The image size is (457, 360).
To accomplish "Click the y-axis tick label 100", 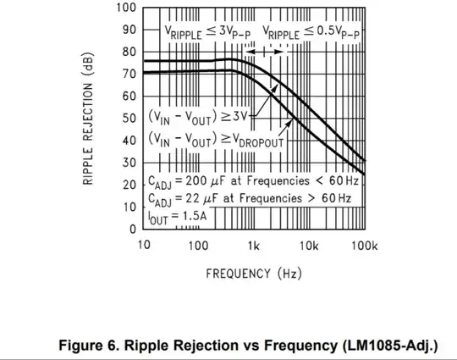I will tap(125, 8).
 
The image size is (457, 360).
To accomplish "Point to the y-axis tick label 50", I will tap(129, 118).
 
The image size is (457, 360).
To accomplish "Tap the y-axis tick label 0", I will tap(132, 229).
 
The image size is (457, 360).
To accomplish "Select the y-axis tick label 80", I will tap(129, 52).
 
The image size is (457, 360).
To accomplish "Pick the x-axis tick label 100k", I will tap(364, 246).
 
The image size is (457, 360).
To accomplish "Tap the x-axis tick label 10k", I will tap(309, 246).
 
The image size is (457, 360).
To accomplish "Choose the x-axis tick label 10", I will tap(144, 246).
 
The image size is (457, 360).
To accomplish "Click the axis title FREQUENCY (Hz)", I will tap(254, 273).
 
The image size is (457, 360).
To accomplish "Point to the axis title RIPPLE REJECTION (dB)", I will tap(89, 119).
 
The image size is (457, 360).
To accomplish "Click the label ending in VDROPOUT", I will tap(217, 138).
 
